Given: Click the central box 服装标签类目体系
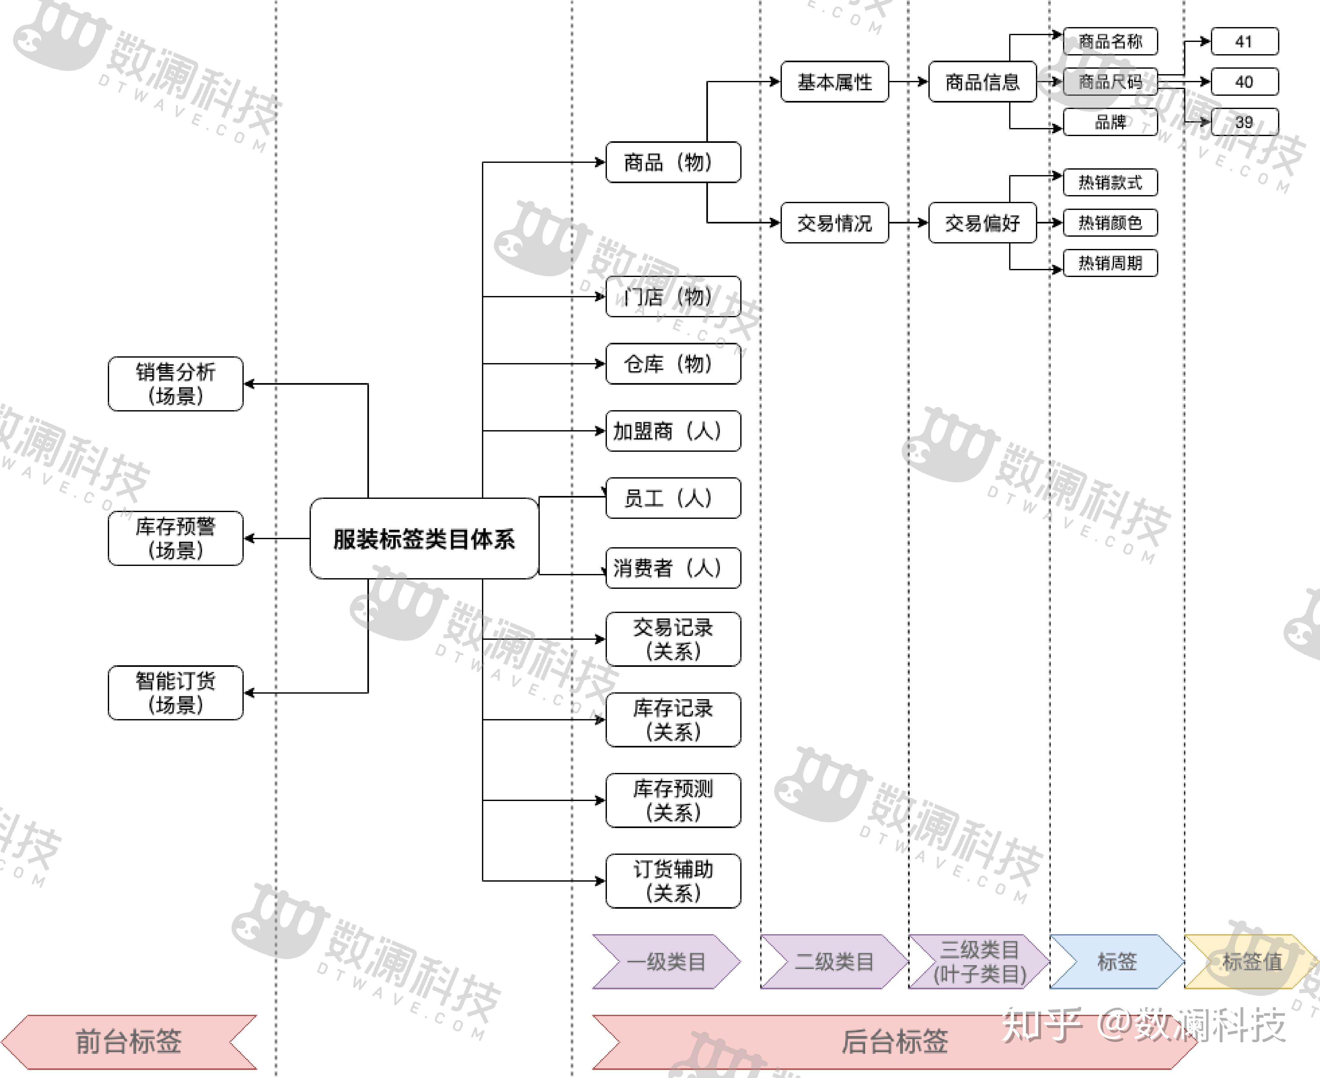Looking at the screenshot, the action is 424,539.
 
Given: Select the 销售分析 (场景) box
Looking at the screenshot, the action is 175,384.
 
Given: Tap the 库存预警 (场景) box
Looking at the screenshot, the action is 175,539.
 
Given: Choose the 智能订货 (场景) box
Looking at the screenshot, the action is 175,693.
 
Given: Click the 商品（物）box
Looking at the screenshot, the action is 673,162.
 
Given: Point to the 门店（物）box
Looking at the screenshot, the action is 673,297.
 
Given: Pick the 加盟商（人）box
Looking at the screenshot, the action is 673,431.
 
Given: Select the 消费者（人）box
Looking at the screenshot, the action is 673,568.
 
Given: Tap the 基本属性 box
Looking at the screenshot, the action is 834,81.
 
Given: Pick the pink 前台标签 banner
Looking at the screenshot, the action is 129,1041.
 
